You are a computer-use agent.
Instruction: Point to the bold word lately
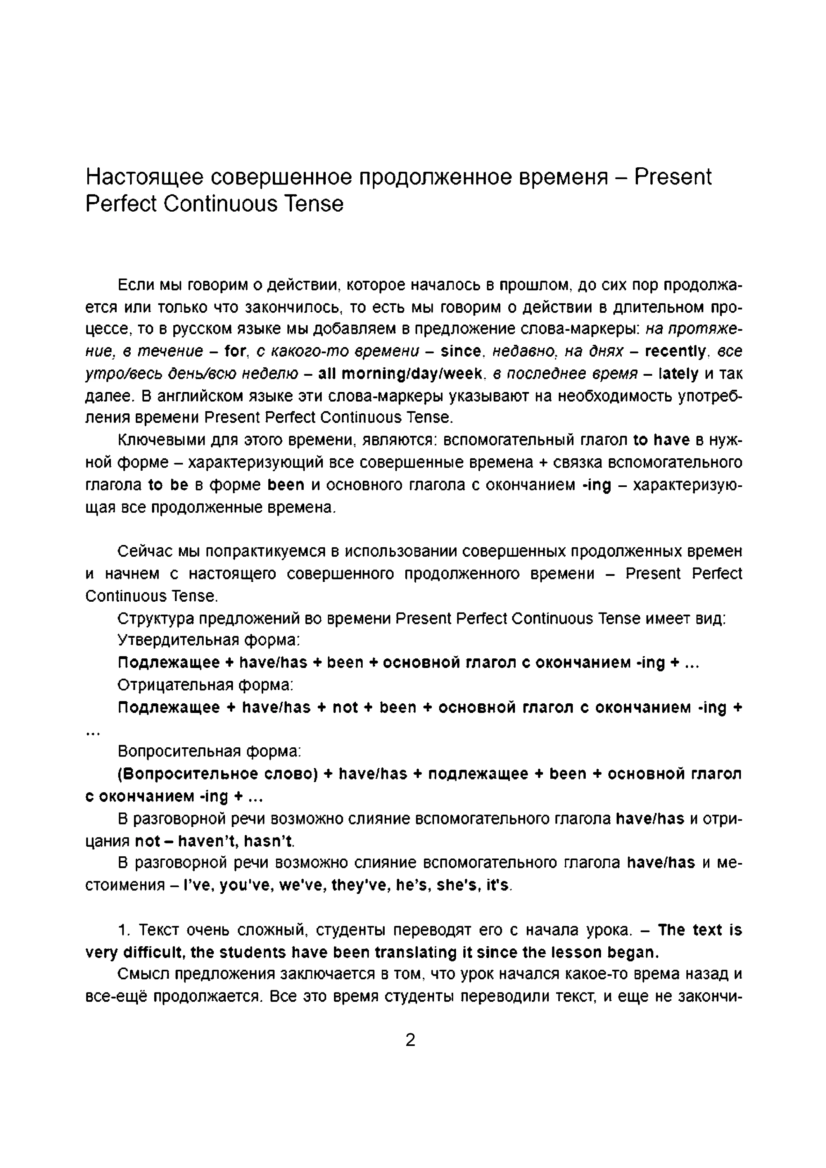678,374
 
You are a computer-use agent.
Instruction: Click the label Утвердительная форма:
208,639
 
